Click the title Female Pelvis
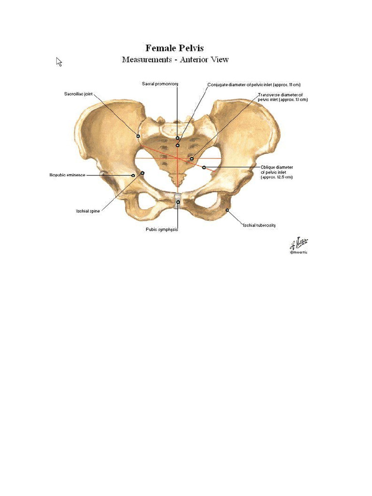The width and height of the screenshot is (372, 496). point(175,48)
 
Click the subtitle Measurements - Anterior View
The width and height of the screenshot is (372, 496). point(175,60)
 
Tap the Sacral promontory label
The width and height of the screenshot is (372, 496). point(160,84)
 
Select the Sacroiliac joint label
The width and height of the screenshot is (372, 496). point(78,94)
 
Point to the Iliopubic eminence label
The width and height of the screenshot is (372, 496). point(67,175)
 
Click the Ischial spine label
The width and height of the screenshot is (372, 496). point(88,211)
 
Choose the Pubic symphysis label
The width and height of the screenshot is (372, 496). point(162,229)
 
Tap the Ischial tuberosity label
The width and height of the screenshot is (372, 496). point(259,225)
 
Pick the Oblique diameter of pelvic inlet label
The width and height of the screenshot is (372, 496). point(277,172)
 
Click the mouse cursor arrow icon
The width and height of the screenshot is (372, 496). point(59,62)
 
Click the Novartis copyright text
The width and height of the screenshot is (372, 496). point(298,252)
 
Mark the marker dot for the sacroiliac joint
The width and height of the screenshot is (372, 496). point(138,136)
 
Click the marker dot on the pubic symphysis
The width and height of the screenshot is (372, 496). point(178,202)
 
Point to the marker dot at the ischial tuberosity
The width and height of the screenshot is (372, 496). point(227,210)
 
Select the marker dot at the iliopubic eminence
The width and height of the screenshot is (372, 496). point(133,175)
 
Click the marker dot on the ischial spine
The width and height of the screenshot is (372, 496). point(142,172)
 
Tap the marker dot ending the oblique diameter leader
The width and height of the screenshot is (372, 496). point(204,167)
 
